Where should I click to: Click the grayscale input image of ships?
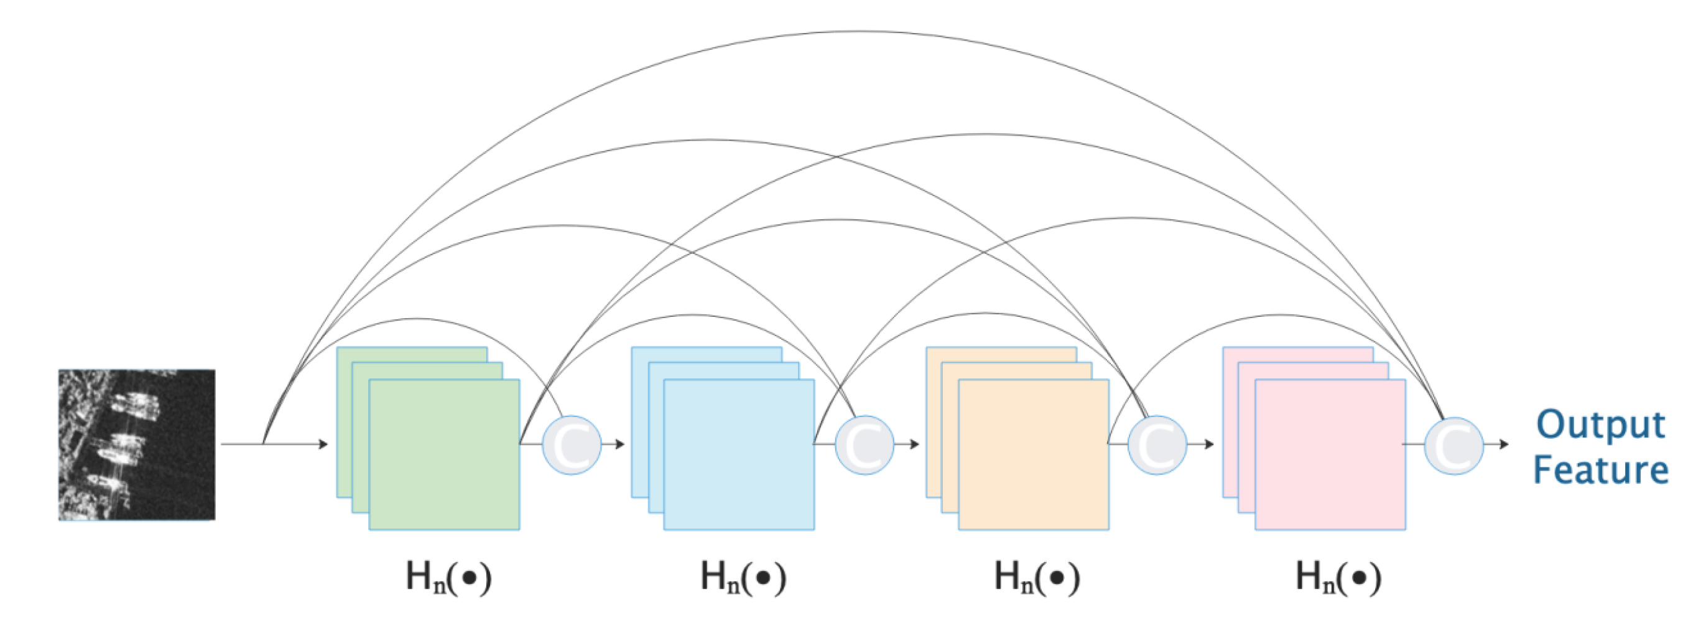point(137,444)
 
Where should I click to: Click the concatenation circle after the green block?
point(572,444)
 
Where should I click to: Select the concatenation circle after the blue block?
point(865,444)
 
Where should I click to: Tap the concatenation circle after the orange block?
point(1157,444)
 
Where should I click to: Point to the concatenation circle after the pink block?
point(1453,444)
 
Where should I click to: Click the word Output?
point(1601,425)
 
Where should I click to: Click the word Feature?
point(1601,469)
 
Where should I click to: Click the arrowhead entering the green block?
point(323,444)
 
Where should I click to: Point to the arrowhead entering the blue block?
point(620,444)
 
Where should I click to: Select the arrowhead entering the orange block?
point(915,444)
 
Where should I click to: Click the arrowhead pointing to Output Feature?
point(1504,444)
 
